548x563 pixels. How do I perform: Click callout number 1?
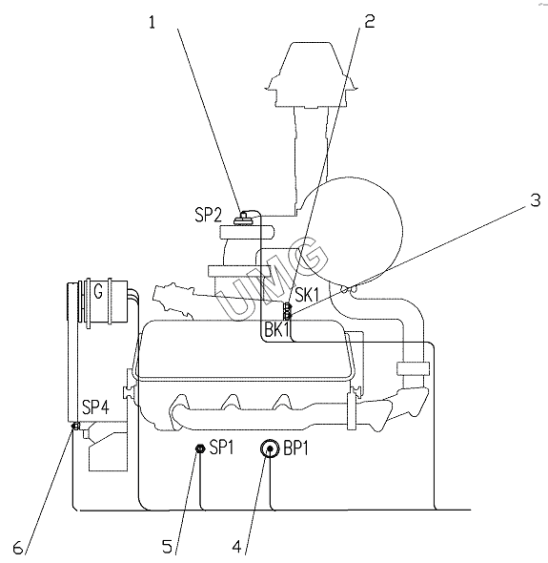152,22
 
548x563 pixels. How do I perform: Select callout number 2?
370,22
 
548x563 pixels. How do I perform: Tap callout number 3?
535,200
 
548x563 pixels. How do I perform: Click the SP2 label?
209,215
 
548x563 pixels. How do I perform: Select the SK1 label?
307,295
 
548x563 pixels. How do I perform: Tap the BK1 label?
276,329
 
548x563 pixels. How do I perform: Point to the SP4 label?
95,407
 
